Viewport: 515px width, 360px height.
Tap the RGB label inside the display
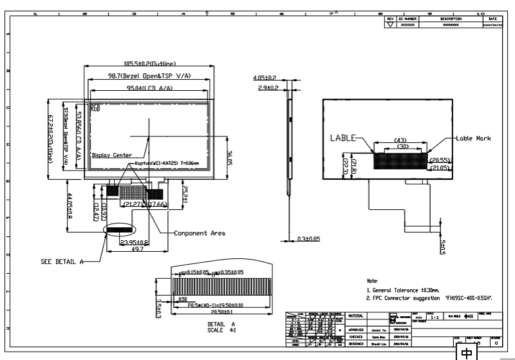coord(95,108)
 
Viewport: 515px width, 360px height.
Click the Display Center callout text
coord(112,155)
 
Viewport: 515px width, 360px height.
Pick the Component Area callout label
coord(200,232)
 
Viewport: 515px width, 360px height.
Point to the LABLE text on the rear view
coord(341,137)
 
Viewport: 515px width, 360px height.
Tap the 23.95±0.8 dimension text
coord(135,243)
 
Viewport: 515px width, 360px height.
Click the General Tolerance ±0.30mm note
coord(405,291)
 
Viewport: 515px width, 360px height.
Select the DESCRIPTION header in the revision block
coord(451,19)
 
